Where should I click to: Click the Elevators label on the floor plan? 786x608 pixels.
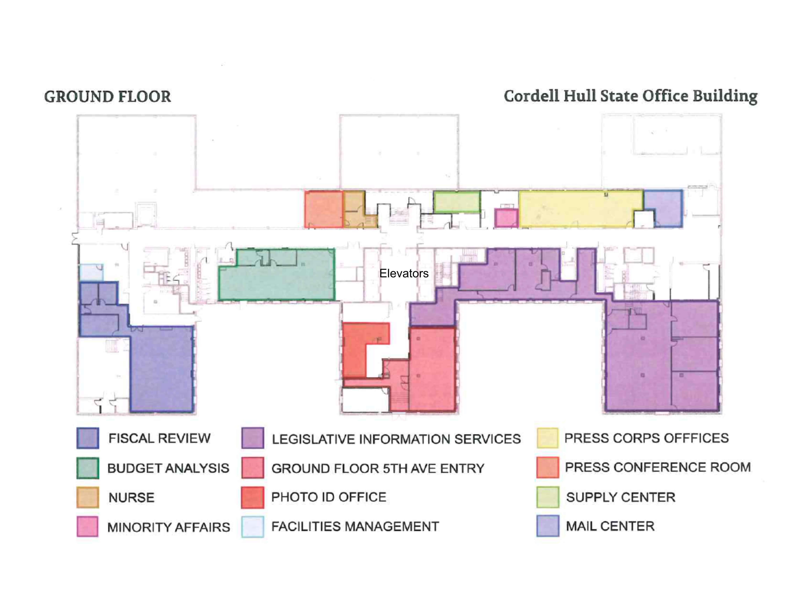[404, 273]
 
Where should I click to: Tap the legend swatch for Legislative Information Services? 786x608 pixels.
[253, 438]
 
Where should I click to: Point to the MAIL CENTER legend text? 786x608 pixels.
[610, 526]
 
